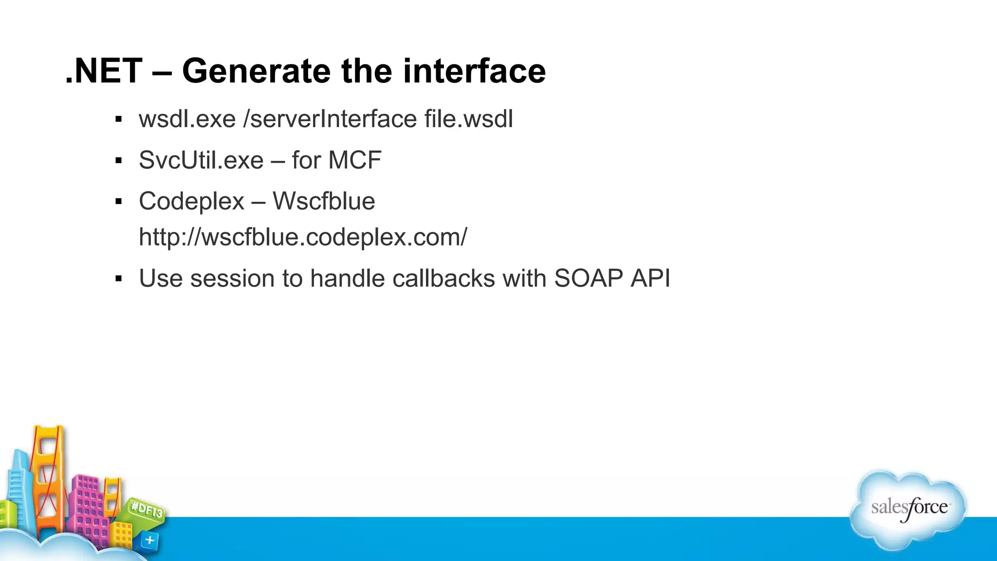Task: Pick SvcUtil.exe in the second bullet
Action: tap(201, 160)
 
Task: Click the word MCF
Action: tap(355, 160)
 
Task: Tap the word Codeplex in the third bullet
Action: tap(191, 202)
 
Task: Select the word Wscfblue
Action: tap(324, 201)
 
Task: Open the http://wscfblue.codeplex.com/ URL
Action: tap(303, 238)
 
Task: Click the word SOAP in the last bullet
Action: tap(589, 279)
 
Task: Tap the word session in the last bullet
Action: tap(232, 279)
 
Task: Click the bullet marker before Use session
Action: tap(118, 279)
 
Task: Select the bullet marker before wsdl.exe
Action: tap(118, 119)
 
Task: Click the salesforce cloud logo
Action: tap(908, 509)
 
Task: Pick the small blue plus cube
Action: tap(149, 540)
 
